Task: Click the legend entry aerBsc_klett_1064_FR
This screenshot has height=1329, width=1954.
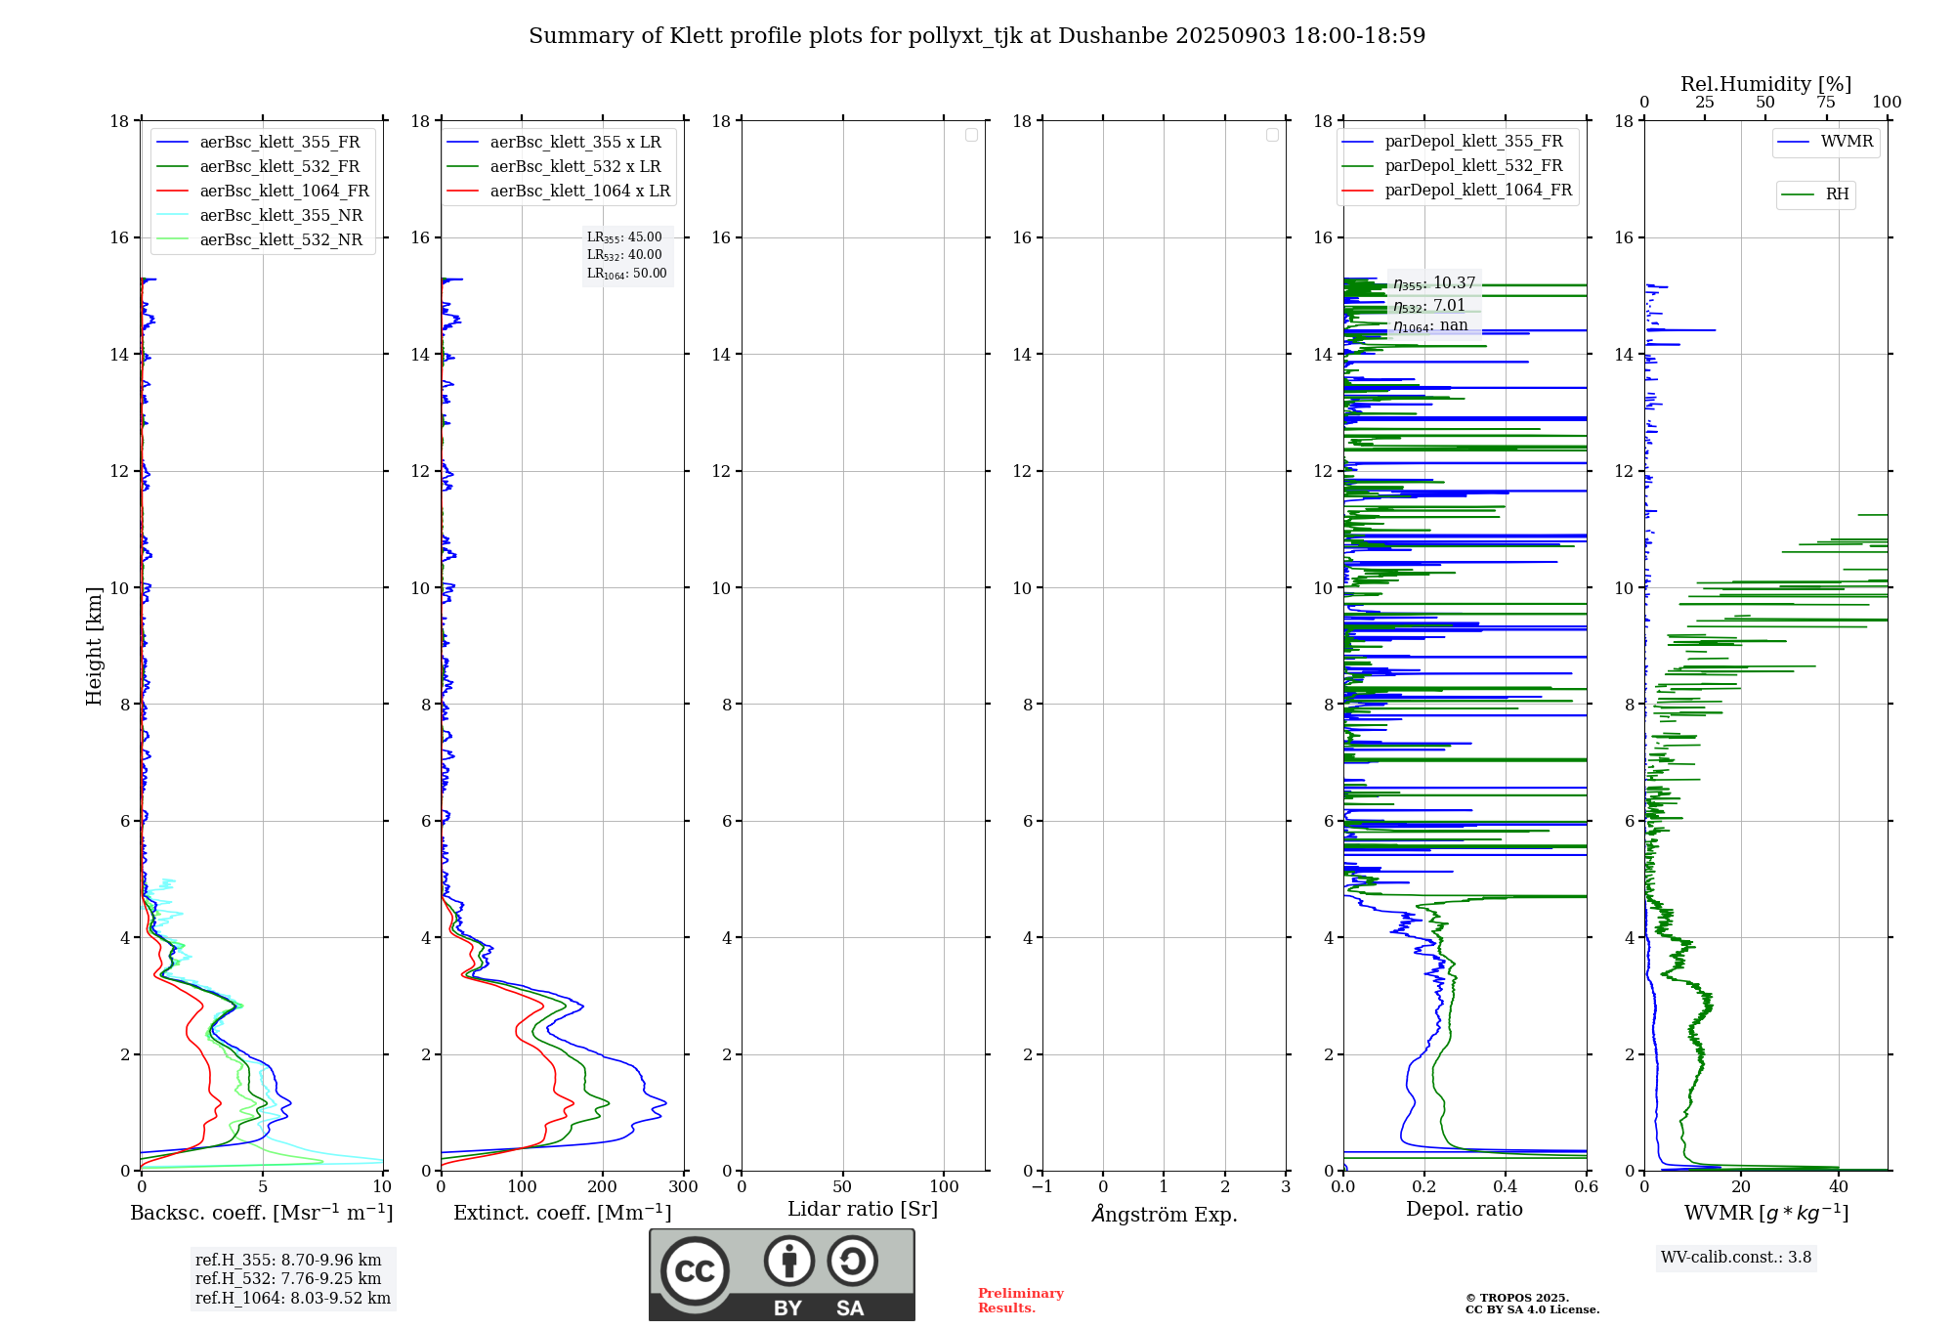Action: (283, 192)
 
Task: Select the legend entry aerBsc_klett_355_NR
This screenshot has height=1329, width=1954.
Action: (280, 216)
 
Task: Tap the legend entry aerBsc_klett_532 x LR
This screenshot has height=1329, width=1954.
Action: (574, 167)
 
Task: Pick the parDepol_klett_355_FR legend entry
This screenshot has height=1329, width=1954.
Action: (1473, 142)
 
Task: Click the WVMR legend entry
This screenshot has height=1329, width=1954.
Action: (1847, 142)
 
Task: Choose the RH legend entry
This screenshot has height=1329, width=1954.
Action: (1837, 194)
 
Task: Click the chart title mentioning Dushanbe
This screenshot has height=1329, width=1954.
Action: (977, 36)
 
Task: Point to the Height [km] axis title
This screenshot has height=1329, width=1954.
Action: (94, 646)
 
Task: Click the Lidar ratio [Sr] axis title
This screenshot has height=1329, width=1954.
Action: (863, 1210)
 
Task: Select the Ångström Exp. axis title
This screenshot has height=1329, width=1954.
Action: (1164, 1215)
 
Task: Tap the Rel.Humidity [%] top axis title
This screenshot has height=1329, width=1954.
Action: (1765, 84)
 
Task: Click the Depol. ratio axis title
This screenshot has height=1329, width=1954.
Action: (1464, 1210)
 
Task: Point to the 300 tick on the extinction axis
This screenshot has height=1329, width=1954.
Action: (683, 1187)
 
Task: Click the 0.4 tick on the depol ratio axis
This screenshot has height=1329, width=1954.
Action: (1505, 1187)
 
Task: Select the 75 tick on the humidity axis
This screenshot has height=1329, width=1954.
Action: (1825, 103)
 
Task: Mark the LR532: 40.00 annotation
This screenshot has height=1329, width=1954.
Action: (624, 255)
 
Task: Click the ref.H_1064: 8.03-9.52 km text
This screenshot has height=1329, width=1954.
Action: (292, 1299)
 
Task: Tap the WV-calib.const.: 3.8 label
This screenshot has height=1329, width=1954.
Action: (1736, 1258)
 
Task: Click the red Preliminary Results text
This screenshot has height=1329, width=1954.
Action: (1020, 1301)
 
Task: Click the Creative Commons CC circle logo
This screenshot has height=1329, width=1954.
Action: (695, 1271)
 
